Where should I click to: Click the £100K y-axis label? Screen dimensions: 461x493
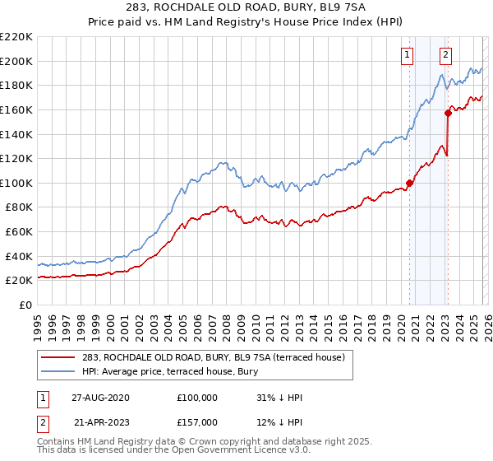[17, 183]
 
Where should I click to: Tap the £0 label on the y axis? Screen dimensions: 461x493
[25, 305]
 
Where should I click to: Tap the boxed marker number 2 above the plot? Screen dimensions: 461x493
[445, 55]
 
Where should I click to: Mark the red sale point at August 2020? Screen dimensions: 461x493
[409, 183]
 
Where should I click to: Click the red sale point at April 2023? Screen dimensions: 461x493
[448, 114]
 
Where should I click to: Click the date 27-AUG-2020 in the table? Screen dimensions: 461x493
[100, 398]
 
